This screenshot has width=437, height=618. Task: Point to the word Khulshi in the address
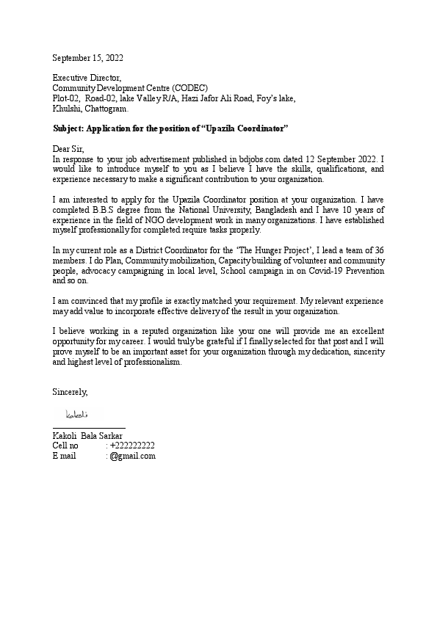[67, 108]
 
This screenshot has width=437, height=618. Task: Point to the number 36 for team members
[378, 250]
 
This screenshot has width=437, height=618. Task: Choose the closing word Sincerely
[70, 393]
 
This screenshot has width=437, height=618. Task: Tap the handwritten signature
[76, 415]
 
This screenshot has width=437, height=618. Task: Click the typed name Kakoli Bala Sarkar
[87, 435]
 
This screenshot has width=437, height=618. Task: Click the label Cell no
[65, 446]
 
